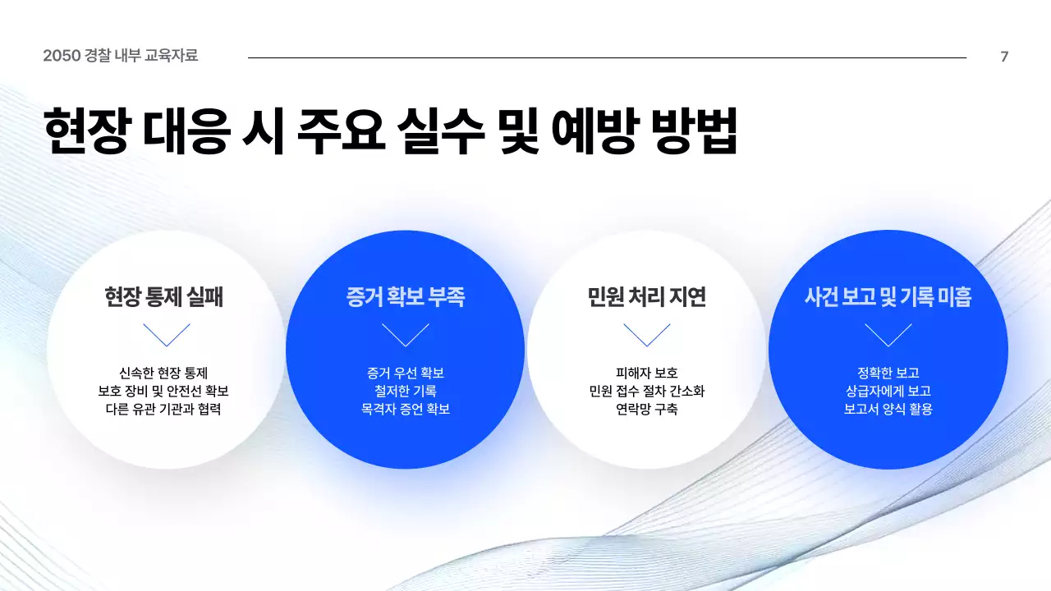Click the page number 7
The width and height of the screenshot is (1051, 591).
pyautogui.click(x=1004, y=57)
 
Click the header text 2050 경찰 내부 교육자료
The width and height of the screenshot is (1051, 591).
pyautogui.click(x=121, y=56)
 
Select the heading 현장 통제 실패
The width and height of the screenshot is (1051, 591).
pyautogui.click(x=164, y=296)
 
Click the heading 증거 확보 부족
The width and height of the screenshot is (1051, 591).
pyautogui.click(x=406, y=296)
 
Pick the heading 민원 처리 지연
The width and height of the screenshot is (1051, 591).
pyautogui.click(x=647, y=296)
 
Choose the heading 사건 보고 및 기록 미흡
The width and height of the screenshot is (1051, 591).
pyautogui.click(x=888, y=296)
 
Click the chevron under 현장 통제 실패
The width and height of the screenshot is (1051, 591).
pyautogui.click(x=166, y=335)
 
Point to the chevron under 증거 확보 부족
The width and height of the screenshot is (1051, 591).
pyautogui.click(x=406, y=335)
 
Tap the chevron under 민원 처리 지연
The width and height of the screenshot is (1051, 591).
pyautogui.click(x=647, y=335)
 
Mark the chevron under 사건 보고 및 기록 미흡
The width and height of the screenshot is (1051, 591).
pyautogui.click(x=888, y=335)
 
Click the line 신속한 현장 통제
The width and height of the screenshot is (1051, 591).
pyautogui.click(x=164, y=373)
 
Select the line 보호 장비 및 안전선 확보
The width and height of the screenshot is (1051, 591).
pyautogui.click(x=164, y=391)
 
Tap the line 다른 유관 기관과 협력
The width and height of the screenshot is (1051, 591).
pyautogui.click(x=164, y=409)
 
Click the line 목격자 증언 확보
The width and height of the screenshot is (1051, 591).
pyautogui.click(x=406, y=409)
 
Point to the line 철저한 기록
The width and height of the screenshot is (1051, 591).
pyautogui.click(x=406, y=391)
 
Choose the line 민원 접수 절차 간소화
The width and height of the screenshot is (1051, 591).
pyautogui.click(x=647, y=391)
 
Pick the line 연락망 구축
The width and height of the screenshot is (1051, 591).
pyautogui.click(x=647, y=409)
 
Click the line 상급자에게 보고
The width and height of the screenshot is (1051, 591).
pyautogui.click(x=888, y=391)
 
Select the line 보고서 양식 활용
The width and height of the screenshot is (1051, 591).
pyautogui.click(x=888, y=409)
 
